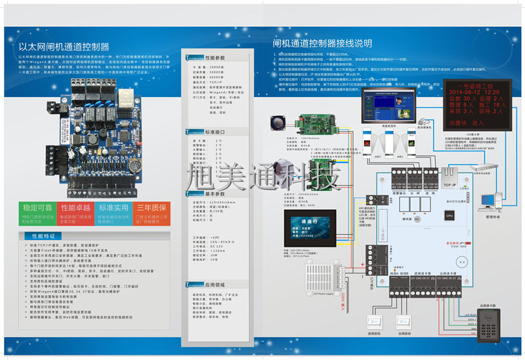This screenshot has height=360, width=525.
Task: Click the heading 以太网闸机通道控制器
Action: pyautogui.click(x=64, y=47)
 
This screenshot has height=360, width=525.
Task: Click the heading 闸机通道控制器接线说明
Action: pyautogui.click(x=322, y=43)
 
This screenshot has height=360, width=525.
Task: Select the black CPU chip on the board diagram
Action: pyautogui.click(x=449, y=214)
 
